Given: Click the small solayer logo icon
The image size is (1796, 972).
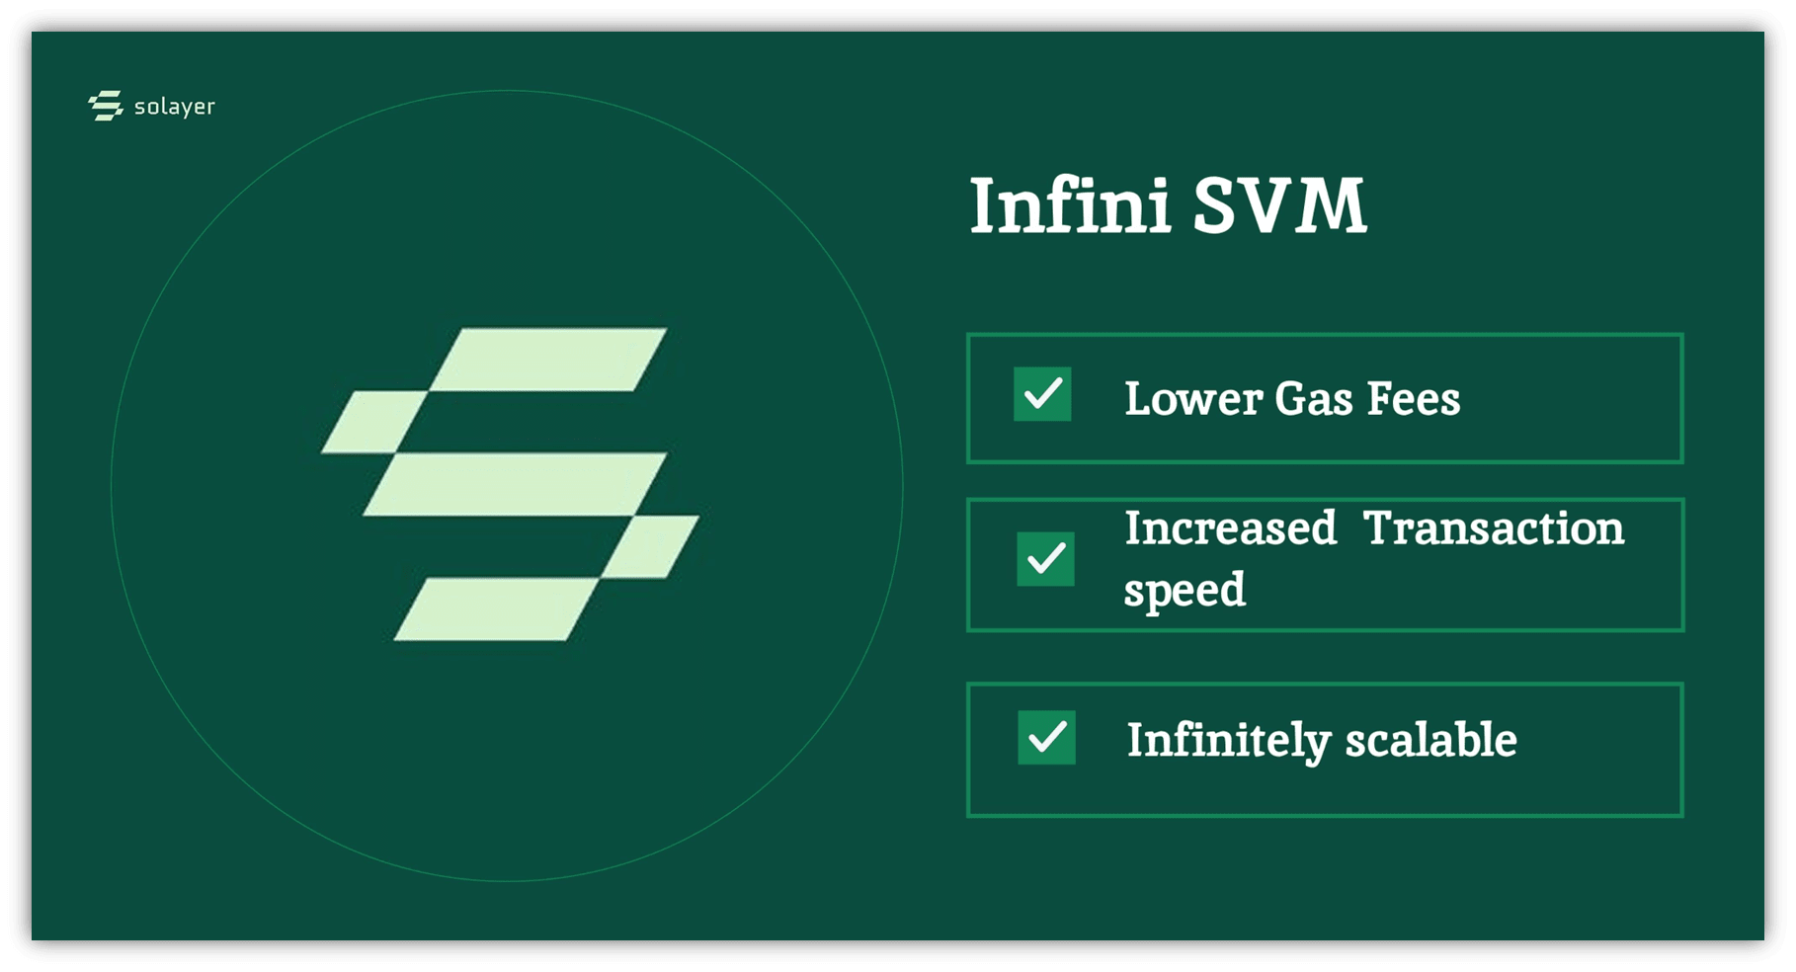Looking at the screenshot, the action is [106, 106].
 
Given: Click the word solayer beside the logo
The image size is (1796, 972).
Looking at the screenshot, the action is [175, 107].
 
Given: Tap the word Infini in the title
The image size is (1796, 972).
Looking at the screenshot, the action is [1070, 205].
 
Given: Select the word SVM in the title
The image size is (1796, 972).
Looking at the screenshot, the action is [1279, 205].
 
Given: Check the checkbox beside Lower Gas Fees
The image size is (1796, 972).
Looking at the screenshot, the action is [1042, 394].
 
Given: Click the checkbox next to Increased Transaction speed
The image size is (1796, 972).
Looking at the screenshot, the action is [1045, 559].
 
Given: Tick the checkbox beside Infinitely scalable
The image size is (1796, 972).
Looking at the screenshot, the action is [1046, 737].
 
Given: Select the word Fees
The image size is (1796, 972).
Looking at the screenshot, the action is [1414, 399].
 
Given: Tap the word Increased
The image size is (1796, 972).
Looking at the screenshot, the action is [1231, 527].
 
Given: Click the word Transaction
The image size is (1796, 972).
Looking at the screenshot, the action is [1494, 527].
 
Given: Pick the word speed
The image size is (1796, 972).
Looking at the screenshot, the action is [1184, 591].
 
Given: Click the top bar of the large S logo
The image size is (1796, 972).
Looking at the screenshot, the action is [548, 360].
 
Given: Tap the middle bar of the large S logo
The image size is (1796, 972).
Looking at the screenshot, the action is [515, 484].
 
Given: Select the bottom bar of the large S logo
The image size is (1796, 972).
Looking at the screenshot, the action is [496, 609].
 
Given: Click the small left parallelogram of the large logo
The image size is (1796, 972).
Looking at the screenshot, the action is [374, 422].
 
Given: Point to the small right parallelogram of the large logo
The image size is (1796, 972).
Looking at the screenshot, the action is [650, 546].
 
